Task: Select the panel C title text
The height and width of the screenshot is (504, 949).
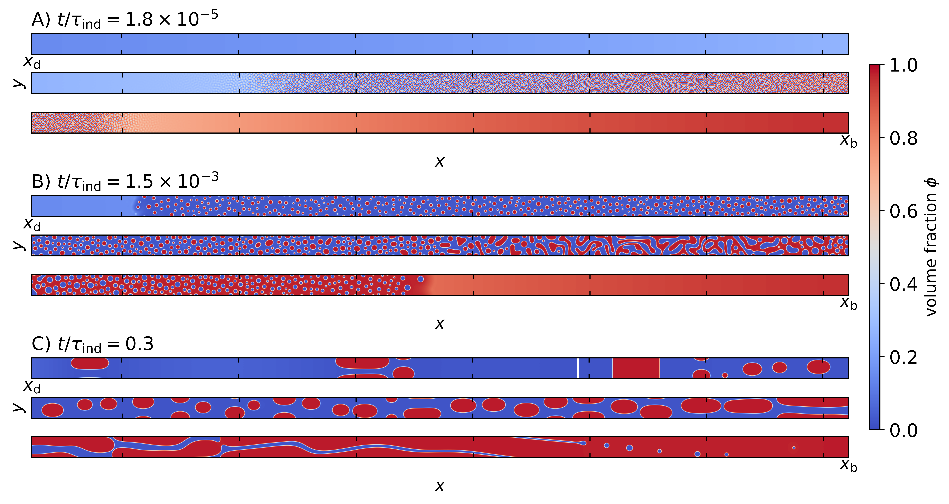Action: (92, 344)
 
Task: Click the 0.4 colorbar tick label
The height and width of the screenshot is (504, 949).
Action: (903, 284)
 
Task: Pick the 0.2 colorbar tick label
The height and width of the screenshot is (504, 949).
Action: (903, 357)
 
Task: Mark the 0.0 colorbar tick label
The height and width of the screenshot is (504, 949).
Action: (903, 430)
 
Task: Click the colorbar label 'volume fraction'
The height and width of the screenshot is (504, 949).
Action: (931, 247)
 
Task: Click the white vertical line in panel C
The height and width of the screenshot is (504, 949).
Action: (578, 368)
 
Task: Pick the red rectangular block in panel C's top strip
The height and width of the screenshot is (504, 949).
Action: (636, 368)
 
